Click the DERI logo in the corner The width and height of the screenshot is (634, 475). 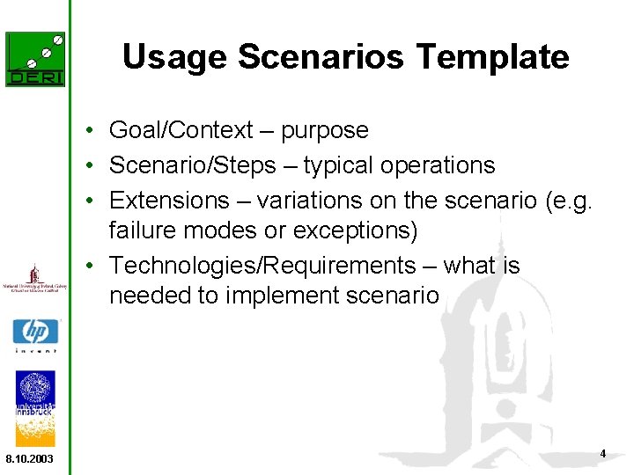[x=35, y=59]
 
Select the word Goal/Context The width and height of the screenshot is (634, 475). [x=181, y=131]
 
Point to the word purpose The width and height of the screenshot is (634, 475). [x=324, y=131]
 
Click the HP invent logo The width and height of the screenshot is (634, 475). [x=35, y=335]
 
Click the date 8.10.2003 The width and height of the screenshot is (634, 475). [x=29, y=459]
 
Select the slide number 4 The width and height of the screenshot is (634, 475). [x=602, y=454]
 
